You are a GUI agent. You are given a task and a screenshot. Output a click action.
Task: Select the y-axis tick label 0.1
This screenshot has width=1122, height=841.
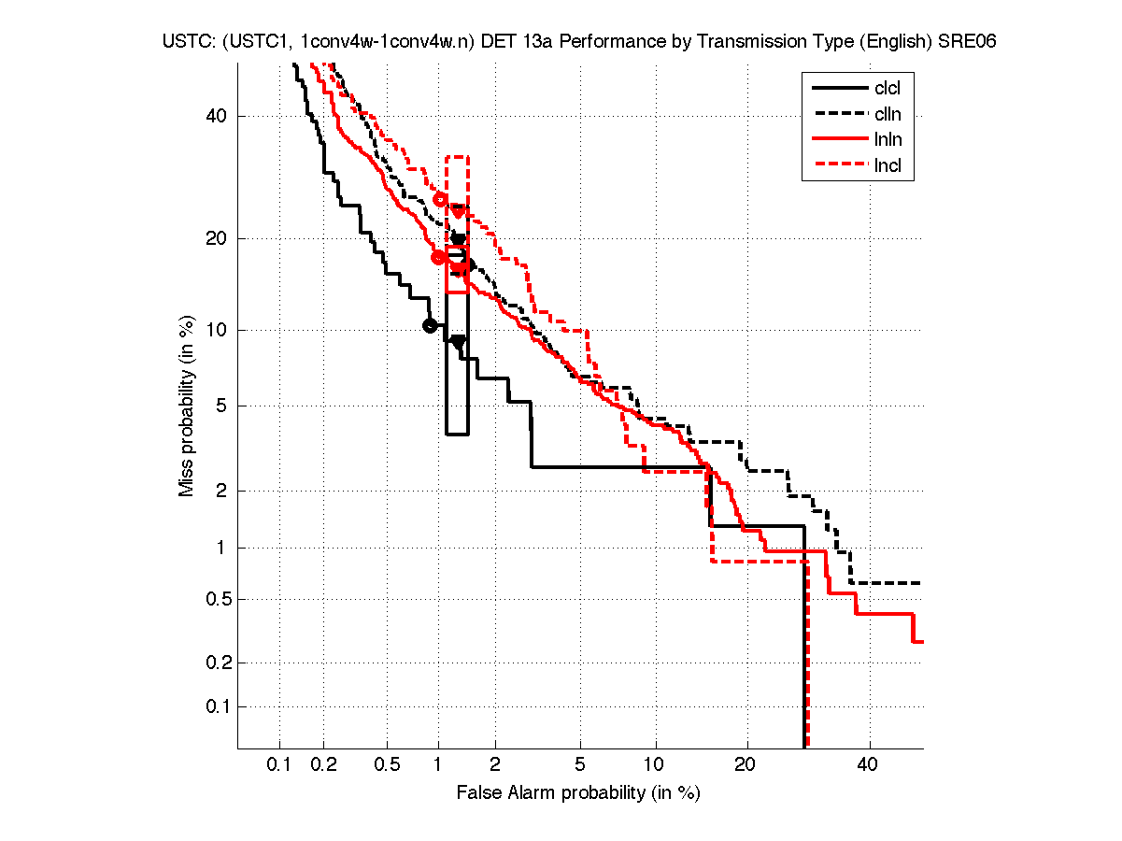click(214, 706)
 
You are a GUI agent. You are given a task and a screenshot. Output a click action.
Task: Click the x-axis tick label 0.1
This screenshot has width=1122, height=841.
click(279, 765)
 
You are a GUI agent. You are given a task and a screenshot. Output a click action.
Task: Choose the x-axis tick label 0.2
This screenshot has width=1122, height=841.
click(324, 765)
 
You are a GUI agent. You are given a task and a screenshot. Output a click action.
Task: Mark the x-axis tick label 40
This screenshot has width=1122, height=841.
click(869, 765)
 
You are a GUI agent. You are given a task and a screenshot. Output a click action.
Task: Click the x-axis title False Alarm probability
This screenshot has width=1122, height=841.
click(578, 793)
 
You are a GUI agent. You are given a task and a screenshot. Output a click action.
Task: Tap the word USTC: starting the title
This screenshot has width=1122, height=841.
click(183, 43)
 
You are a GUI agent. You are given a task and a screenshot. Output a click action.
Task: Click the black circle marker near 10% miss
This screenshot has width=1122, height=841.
click(430, 325)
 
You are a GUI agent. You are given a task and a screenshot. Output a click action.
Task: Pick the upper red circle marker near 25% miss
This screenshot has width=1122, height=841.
click(442, 199)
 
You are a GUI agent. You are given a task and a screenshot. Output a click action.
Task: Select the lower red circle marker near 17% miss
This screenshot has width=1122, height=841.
click(439, 258)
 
